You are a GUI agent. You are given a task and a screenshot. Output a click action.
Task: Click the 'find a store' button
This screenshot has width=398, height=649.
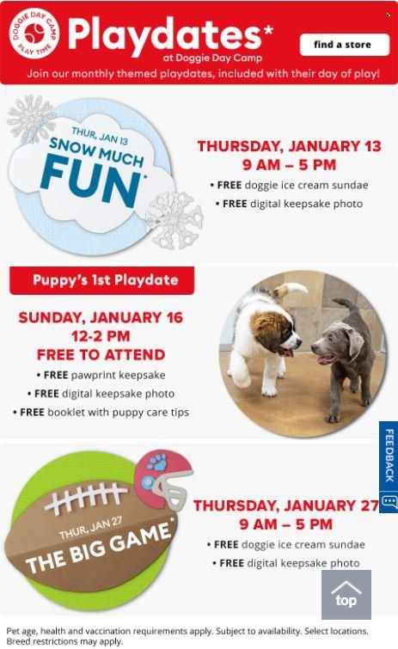coord(344,45)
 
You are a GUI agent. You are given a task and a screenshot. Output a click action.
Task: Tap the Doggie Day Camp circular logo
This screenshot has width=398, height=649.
coord(34,34)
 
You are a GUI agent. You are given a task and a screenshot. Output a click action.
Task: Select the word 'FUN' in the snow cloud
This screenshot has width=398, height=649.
coord(90,181)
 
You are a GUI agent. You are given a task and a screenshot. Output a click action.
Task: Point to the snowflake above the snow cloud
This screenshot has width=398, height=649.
coord(31,119)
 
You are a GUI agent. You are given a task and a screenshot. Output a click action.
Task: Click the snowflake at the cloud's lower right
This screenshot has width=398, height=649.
coord(174,220)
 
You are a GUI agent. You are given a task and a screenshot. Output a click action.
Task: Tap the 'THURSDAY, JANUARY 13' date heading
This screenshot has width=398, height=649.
coord(289,146)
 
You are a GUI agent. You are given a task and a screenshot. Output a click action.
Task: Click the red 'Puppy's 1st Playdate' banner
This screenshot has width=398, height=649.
coord(101,280)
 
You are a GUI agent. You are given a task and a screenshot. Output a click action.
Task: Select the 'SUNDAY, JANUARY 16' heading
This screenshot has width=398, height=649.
coord(101,317)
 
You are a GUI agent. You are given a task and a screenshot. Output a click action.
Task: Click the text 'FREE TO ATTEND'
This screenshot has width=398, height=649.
coord(101,355)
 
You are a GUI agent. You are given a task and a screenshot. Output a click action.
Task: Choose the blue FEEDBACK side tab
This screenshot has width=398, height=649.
coord(388,467)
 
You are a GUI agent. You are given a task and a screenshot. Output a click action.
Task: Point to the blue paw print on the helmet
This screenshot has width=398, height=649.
coord(156,462)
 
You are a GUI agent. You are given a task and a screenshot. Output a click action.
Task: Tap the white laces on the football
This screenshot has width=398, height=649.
coord(86,497)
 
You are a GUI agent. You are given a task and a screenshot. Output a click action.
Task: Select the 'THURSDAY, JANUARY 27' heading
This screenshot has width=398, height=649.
coord(286,505)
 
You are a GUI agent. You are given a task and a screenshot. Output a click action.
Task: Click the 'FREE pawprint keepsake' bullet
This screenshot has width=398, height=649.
coord(101,375)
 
